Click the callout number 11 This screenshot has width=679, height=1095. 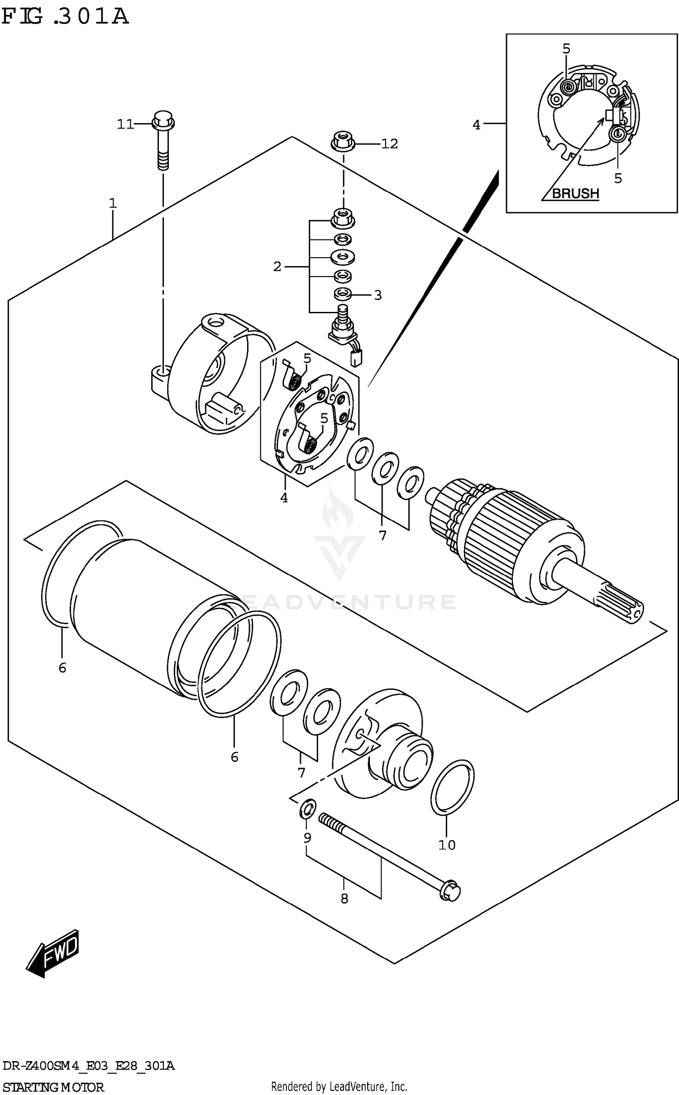pos(125,124)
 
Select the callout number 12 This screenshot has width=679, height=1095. pos(389,144)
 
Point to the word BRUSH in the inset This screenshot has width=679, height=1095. pos(575,194)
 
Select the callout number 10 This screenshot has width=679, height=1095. pos(447,845)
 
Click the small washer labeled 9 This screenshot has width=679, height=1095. pos(308,809)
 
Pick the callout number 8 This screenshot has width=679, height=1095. pos(344,899)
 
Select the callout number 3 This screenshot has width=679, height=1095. pos(378,295)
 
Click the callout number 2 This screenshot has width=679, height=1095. pos(277,267)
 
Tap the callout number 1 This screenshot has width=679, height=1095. pos(113,203)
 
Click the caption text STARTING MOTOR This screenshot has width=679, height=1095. pos(53,1087)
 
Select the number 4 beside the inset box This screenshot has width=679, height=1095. pos(476,125)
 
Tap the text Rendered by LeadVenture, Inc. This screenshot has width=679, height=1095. pos(339,1086)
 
